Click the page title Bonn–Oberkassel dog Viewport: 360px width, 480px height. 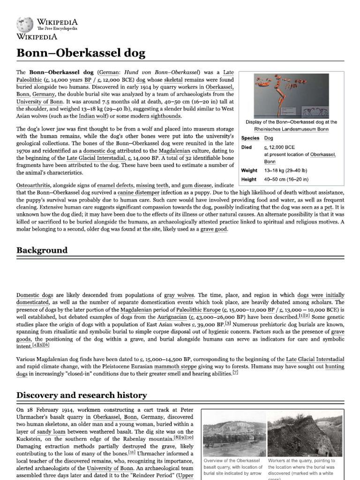click(81, 53)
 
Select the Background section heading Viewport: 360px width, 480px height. click(42, 250)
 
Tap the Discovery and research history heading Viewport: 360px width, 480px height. click(82, 395)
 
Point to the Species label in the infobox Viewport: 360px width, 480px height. click(250, 138)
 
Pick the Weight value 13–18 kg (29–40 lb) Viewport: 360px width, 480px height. click(286, 171)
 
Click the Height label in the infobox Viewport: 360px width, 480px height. click(249, 179)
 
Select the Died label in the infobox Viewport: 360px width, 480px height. click(247, 147)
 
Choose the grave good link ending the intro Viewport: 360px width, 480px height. click(214, 229)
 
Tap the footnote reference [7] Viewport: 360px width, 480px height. click(235, 373)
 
